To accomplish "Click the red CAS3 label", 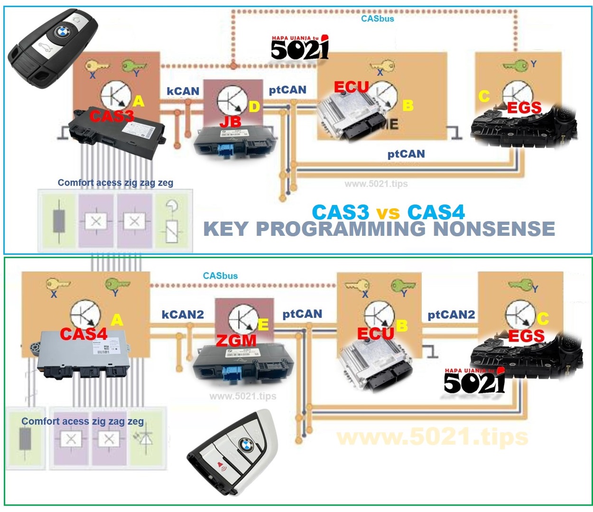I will tap(112, 116).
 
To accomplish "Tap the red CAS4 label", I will tap(83, 334).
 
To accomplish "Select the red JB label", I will tap(230, 122).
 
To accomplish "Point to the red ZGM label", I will tap(236, 341).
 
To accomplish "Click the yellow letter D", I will tap(254, 107).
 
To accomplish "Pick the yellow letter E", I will tap(263, 325).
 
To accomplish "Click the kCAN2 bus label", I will tap(183, 315).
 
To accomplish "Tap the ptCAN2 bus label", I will tap(451, 315).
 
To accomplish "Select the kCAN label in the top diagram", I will tap(183, 91).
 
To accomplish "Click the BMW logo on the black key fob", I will tap(62, 32).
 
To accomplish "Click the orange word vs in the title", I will tap(388, 213).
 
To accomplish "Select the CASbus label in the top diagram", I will tap(378, 19).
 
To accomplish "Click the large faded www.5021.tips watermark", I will tap(432, 437).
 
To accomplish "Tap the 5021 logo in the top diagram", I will tap(300, 48).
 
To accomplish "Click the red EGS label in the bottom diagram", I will tap(526, 336).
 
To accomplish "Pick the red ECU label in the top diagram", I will tap(351, 87).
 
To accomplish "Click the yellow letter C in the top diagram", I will tap(484, 96).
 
